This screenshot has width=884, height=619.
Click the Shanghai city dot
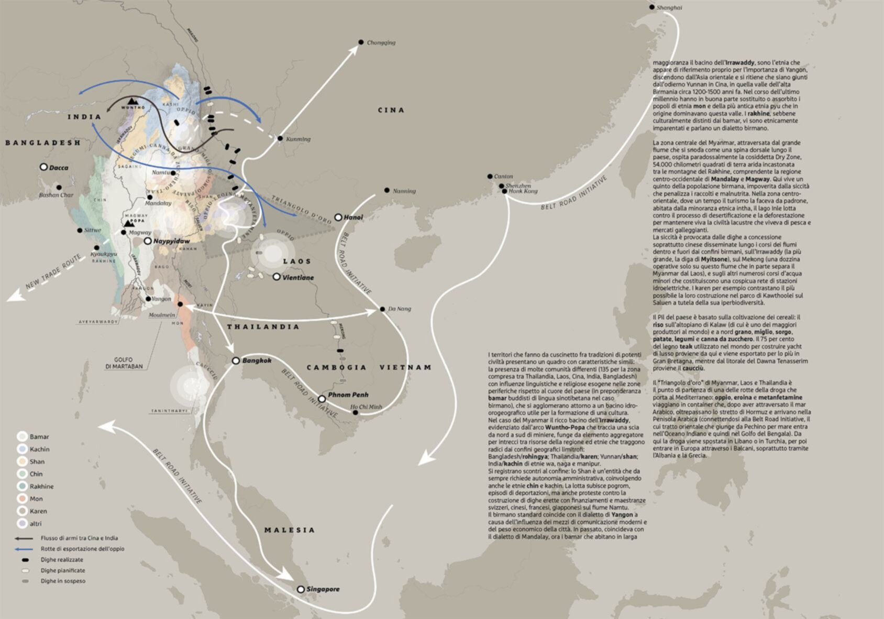click(x=651, y=7)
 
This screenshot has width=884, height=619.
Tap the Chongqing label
click(x=381, y=42)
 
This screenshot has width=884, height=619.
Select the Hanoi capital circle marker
click(x=338, y=217)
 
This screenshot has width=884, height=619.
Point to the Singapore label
click(x=323, y=589)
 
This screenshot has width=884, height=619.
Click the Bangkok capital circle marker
click(x=236, y=361)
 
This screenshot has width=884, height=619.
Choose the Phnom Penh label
click(x=348, y=395)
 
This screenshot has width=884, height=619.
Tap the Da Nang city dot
click(x=382, y=309)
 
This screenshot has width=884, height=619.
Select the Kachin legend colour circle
click(x=21, y=449)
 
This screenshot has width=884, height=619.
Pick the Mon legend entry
click(x=36, y=499)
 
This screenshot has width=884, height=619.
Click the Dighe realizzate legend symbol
click(x=23, y=560)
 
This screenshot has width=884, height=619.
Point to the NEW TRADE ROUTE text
click(x=54, y=272)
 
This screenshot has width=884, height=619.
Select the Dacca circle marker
click(x=44, y=167)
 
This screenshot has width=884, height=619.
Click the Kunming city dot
click(x=280, y=139)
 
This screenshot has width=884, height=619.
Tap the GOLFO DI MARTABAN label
click(x=124, y=363)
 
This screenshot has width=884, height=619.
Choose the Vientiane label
click(x=298, y=277)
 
